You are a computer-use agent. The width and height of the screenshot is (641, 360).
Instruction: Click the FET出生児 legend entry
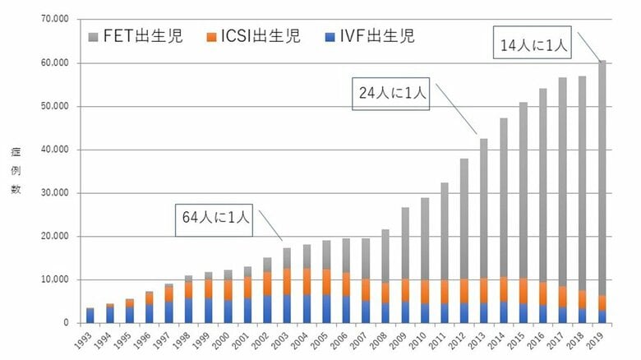coord(135,36)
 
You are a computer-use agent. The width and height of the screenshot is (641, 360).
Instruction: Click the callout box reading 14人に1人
coord(533,46)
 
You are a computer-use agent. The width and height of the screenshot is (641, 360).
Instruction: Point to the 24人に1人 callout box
coord(390,95)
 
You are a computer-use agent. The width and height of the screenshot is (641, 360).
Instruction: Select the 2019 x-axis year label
coord(602,339)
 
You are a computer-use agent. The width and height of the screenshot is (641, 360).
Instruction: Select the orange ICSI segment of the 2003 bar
coord(287,281)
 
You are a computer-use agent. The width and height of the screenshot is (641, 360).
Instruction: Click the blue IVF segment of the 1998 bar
coord(188,311)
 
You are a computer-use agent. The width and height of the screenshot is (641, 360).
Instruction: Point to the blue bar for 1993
coord(90,316)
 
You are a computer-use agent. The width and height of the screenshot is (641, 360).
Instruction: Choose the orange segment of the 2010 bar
coord(425,292)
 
